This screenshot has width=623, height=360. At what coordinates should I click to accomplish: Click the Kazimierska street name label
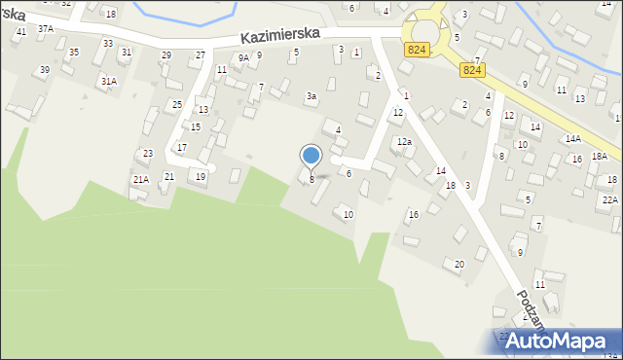point(281,34)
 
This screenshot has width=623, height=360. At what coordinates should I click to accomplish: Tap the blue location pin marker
point(311,156)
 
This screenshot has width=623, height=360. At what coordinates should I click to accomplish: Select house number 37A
point(46,29)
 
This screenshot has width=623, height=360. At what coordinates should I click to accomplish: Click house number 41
point(20,32)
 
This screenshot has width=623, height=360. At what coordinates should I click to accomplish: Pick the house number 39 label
point(44,70)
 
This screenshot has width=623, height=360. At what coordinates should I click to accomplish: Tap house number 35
point(73,52)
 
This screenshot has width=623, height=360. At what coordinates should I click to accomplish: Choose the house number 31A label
point(108,82)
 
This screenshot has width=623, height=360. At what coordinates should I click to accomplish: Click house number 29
point(166,54)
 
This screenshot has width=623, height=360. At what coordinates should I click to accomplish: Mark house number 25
point(176,104)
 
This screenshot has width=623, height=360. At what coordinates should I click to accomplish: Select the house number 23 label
point(147,154)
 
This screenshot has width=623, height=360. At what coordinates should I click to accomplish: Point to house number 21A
point(140,180)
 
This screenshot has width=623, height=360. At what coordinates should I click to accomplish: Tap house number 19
point(201,176)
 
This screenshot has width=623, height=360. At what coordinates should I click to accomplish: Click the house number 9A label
point(243,58)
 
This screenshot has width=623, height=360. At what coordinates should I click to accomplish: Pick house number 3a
point(311,96)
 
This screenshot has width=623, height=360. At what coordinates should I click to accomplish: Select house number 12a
point(404,142)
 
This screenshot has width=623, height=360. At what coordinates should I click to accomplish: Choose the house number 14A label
point(573,139)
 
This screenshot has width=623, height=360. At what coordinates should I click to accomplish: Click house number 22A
point(609,199)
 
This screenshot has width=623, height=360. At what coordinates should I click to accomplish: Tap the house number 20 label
point(459,264)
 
